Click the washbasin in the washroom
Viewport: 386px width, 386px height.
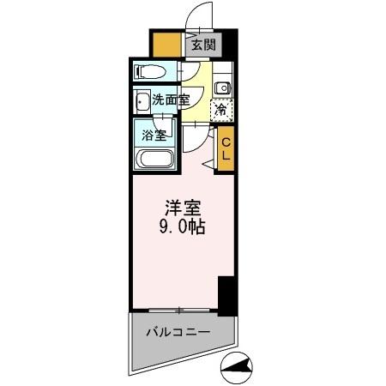click(x=142, y=100)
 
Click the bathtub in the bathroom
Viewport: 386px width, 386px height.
click(x=155, y=159)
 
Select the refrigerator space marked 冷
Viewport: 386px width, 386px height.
click(x=221, y=109)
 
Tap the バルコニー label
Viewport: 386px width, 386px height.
click(x=177, y=330)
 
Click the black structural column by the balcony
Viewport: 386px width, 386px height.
click(x=226, y=296)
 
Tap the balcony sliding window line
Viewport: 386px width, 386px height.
click(x=181, y=309)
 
